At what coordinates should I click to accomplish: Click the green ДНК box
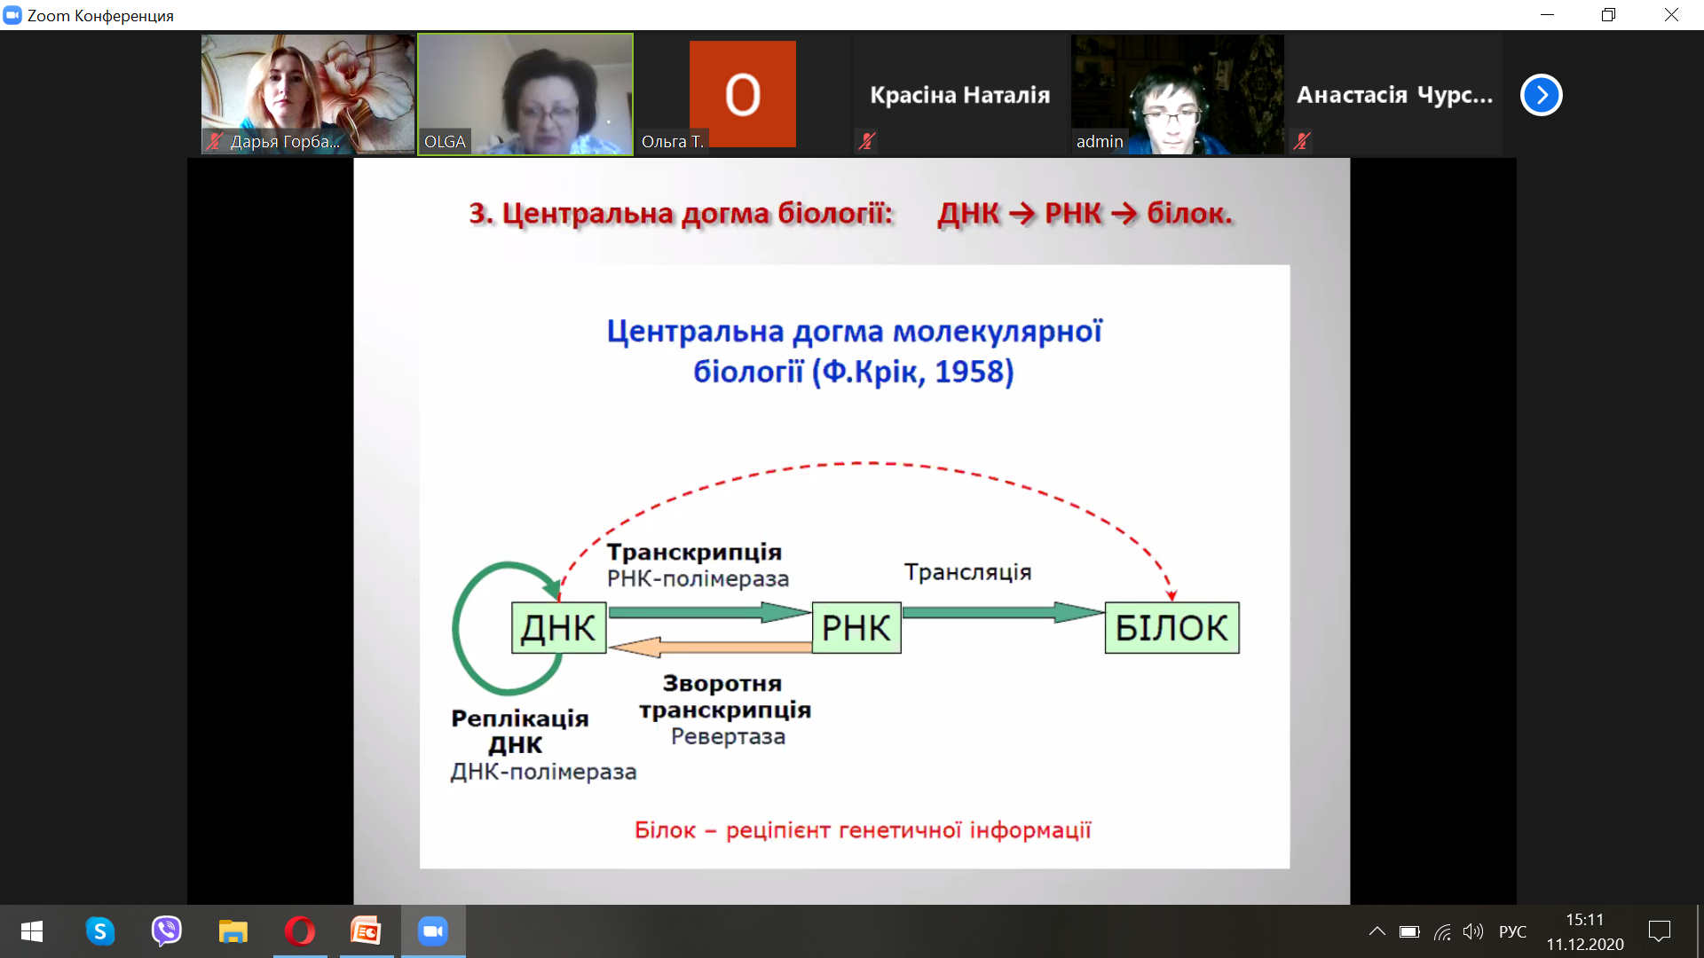pos(559,628)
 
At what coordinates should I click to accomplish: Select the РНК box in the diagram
pos(856,628)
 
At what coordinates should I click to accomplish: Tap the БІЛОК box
pos(1171,628)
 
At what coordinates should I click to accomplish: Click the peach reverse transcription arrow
pos(710,648)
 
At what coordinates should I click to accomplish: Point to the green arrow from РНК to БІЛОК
pos(1003,612)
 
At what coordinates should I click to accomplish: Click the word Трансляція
pos(967,572)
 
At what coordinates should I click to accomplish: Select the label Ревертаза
pos(728,736)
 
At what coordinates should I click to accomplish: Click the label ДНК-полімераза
pos(543,772)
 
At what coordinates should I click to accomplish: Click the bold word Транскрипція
pos(694,552)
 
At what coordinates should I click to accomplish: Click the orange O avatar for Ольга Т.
pos(743,94)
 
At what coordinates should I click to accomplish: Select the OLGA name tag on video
pos(445,142)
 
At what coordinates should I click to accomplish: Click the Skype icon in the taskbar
pos(100,931)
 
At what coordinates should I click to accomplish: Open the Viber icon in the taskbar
pos(166,931)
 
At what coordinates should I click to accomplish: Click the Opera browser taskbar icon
pos(300,931)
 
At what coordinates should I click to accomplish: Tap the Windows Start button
pos(32,931)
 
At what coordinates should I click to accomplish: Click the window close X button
pos(1671,15)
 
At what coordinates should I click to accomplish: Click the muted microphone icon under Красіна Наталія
pos(867,141)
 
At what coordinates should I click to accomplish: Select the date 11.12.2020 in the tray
pos(1585,945)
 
